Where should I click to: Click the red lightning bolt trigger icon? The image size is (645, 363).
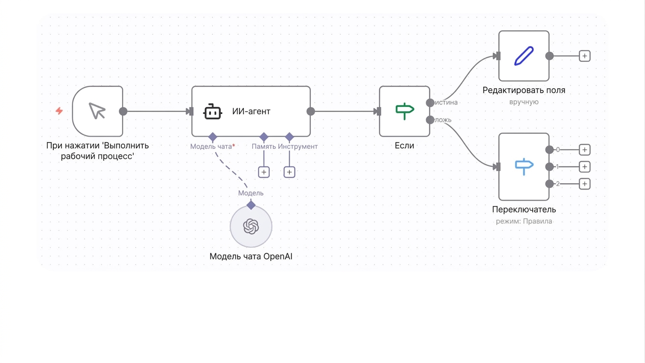tap(60, 111)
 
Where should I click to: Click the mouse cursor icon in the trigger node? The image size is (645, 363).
tap(97, 111)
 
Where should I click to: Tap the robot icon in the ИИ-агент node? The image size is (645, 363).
tap(213, 112)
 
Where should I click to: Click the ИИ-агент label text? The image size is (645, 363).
tap(251, 111)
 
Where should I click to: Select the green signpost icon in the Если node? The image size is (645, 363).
tap(404, 111)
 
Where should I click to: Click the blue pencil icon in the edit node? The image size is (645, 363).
tap(524, 56)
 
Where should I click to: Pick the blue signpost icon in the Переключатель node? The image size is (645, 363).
tap(524, 166)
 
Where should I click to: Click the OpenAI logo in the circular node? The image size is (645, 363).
tap(251, 226)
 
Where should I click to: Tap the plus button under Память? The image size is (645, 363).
tap(264, 172)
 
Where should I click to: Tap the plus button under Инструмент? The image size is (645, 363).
tap(289, 172)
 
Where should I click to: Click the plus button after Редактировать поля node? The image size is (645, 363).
tap(585, 56)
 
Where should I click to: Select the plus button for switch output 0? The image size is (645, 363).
tap(585, 150)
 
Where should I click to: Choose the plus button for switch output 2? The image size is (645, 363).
tap(585, 184)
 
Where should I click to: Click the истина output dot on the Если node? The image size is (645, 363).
tap(430, 103)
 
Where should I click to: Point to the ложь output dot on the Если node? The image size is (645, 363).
tap(430, 120)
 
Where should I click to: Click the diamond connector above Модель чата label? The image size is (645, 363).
tap(213, 137)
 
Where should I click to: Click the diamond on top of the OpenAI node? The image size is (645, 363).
tap(251, 205)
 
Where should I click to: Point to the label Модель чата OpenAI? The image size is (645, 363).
tap(251, 256)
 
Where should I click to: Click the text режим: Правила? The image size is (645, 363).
tap(524, 221)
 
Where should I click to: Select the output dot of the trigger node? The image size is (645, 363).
tap(123, 111)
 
